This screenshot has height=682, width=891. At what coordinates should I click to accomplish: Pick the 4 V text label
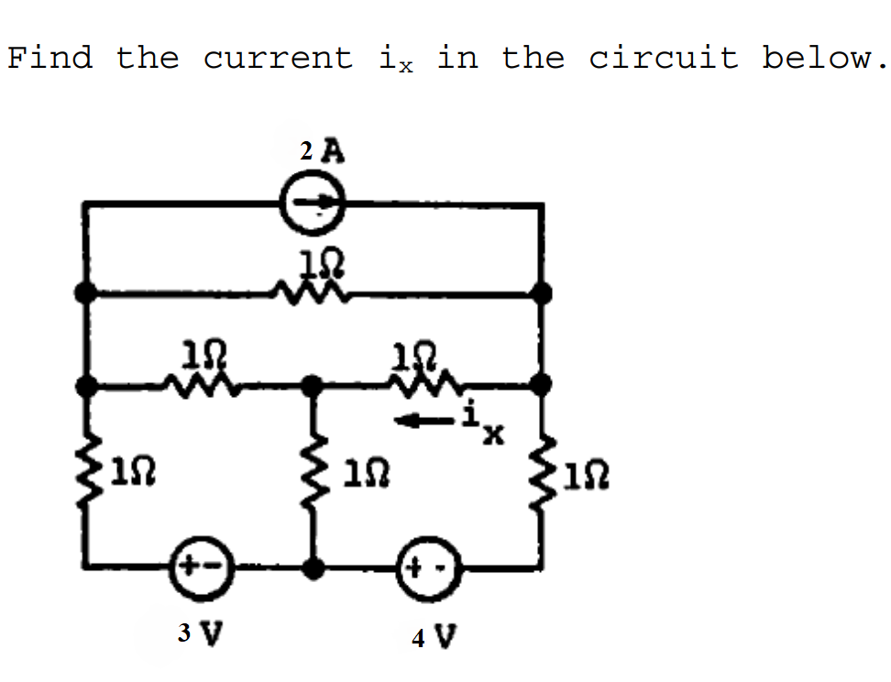pyautogui.click(x=434, y=635)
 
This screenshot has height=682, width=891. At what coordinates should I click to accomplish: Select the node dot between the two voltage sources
pyautogui.click(x=313, y=567)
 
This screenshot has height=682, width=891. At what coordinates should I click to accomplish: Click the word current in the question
pyautogui.click(x=278, y=59)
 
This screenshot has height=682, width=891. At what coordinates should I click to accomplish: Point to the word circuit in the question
pyautogui.click(x=663, y=59)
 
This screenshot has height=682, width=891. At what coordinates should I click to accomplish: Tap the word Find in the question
pyautogui.click(x=49, y=59)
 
